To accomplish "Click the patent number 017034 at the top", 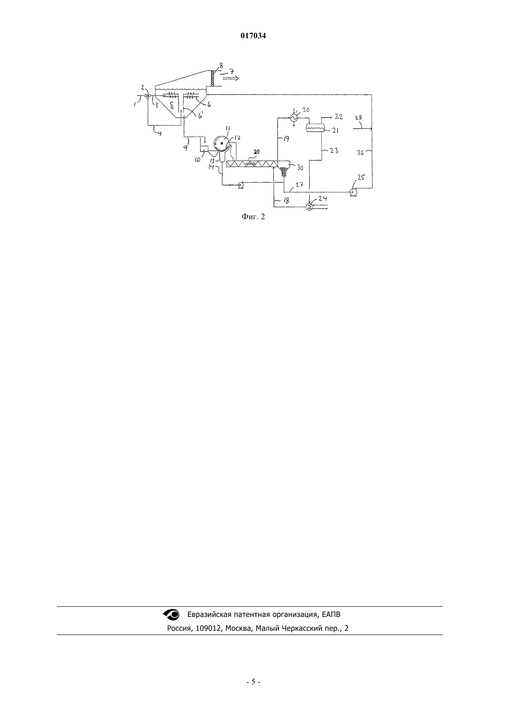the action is pos(253,36).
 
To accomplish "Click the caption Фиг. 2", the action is pos(253,217).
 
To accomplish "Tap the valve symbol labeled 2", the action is pos(147,96).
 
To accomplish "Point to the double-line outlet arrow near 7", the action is pos(230,78).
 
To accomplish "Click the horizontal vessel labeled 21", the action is pos(316,127).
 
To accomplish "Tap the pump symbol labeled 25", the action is pos(353,191).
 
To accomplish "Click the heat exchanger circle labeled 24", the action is pos(309,207).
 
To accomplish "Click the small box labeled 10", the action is pos(204,149).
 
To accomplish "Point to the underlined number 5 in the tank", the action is pos(171,104).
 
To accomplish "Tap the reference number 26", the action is pos(361,152).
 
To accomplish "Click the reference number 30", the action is pos(300,168).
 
